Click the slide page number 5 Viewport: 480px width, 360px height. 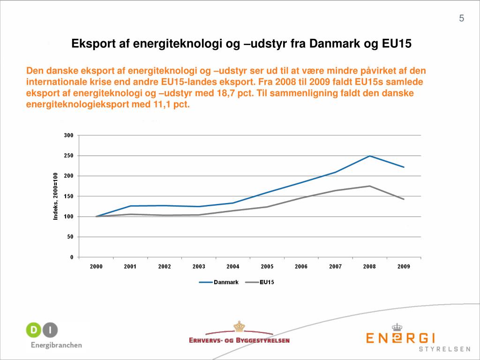[462, 18]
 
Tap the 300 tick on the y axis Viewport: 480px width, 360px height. [68, 135]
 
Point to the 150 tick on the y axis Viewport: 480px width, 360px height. [68, 196]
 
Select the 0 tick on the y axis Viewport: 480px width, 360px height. [71, 257]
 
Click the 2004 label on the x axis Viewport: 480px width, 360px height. [232, 267]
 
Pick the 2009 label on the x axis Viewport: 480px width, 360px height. [404, 267]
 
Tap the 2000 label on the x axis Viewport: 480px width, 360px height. [96, 267]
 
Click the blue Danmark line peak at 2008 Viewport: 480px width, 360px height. [370, 156]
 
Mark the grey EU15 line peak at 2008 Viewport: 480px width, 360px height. [370, 186]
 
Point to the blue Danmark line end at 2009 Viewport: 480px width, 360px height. [404, 167]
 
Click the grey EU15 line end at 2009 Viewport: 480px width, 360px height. [404, 199]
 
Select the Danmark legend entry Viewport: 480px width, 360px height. [226, 282]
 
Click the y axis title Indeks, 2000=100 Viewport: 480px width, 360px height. [55, 197]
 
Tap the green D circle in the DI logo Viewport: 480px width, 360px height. [34, 330]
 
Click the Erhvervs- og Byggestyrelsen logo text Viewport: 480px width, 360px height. [239, 340]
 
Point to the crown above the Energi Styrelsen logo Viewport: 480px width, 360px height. [397, 327]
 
